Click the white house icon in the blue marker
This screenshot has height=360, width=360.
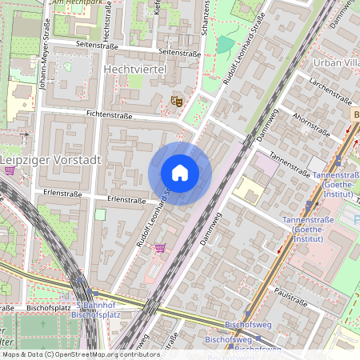[180, 173]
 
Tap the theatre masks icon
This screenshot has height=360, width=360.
[175, 102]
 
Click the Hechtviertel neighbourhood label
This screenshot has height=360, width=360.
[134, 71]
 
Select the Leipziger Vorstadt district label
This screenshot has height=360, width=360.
[50, 160]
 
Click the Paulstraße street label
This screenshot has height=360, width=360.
[290, 298]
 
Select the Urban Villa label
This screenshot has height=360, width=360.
[336, 62]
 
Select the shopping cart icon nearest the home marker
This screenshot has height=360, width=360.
[160, 249]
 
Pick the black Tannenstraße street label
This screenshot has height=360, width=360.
[290, 163]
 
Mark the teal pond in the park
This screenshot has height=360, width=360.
[226, 44]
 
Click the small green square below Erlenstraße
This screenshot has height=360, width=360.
[100, 214]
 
